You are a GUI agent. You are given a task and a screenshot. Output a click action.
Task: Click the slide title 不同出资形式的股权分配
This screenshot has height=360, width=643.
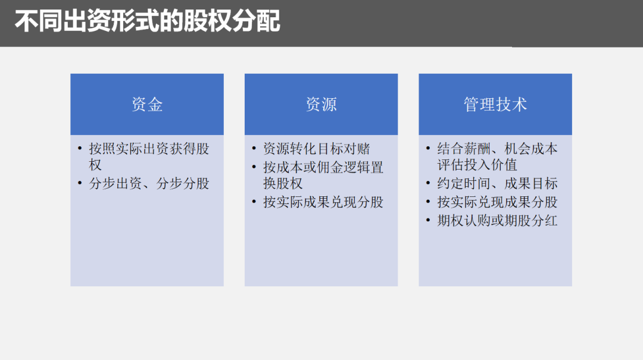coord(147,23)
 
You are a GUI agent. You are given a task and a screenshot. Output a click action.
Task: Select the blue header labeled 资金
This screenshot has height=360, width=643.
coord(147,105)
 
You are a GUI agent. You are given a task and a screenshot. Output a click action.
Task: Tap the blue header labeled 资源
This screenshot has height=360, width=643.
coord(321,105)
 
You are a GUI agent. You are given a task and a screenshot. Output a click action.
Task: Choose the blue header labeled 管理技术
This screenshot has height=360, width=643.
coord(495,105)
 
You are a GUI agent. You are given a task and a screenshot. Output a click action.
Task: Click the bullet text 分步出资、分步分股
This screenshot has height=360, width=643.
coord(149,183)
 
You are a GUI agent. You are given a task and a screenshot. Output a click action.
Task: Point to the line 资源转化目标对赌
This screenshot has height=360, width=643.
coord(317,149)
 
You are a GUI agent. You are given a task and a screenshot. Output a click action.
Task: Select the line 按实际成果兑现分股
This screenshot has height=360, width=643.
coord(323,202)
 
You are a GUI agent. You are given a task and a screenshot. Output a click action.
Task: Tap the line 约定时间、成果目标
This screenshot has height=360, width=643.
coord(498,184)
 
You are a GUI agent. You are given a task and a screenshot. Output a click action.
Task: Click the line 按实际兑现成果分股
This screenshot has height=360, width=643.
coord(498,202)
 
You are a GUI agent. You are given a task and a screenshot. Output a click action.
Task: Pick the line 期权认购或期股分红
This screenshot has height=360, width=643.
coord(498,221)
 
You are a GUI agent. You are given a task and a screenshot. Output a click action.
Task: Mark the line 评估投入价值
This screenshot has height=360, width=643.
coord(477,165)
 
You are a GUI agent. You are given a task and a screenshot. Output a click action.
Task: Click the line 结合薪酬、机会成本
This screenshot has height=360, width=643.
coord(498,149)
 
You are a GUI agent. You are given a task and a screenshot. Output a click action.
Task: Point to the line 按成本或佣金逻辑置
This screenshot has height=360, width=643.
coord(323,167)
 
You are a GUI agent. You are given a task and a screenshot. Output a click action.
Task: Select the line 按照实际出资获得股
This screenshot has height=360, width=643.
coord(149,149)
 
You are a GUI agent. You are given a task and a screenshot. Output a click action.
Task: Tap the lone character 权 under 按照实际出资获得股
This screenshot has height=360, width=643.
coord(96,165)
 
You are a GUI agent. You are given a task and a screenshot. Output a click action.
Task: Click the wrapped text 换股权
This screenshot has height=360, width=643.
coord(283,183)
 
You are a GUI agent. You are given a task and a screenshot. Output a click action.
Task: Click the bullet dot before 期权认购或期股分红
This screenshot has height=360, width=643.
coord(428,221)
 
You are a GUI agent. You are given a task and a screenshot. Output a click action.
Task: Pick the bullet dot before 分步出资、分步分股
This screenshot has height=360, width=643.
coord(80,183)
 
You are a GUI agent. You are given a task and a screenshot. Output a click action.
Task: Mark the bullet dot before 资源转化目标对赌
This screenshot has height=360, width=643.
coord(254,149)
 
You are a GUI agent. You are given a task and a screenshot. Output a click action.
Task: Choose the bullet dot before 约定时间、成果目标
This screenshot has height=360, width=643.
coord(428,184)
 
